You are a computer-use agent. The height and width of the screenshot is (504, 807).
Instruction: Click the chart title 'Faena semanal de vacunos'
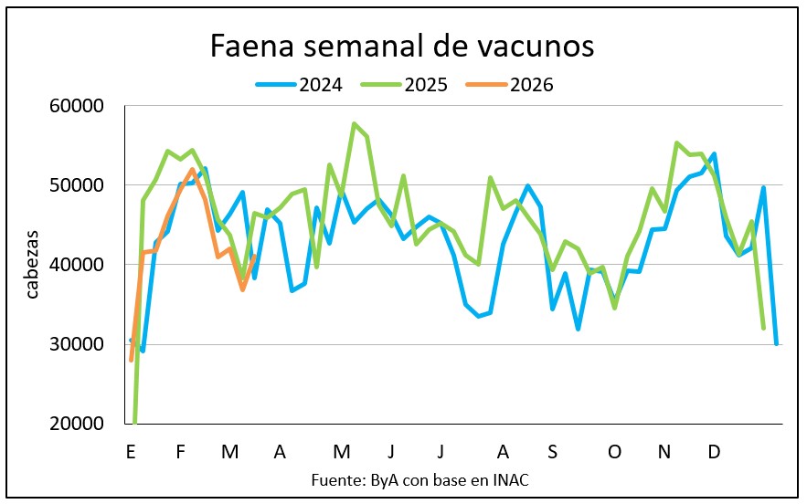(x=402, y=46)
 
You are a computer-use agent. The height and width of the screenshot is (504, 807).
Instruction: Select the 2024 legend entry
(x=301, y=85)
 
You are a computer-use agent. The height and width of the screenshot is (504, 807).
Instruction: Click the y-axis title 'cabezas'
(x=33, y=265)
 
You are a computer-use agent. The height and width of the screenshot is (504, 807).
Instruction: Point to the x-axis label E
(x=132, y=452)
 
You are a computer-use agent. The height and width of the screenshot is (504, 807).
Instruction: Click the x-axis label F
(x=180, y=452)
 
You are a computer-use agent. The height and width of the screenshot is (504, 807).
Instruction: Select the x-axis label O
(x=614, y=452)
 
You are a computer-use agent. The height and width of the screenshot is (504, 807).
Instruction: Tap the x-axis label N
(x=664, y=452)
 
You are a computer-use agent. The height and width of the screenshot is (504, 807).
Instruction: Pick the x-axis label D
(x=715, y=452)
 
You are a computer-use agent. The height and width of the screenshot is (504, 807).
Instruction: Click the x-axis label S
(x=553, y=452)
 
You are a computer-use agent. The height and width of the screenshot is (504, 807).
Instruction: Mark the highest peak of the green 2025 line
(x=354, y=123)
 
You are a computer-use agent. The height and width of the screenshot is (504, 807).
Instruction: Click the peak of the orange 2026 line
(x=192, y=170)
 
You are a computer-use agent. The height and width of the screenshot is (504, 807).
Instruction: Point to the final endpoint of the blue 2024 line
(x=776, y=344)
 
